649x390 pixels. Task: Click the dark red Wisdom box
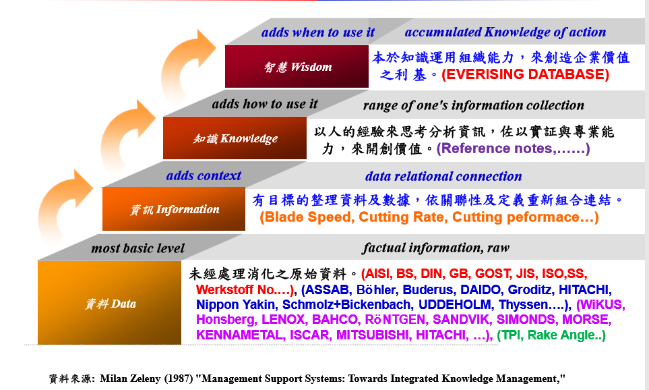click(x=297, y=67)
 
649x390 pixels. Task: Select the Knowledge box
click(x=235, y=138)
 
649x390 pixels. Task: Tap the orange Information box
click(x=174, y=209)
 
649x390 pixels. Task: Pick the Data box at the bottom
click(x=109, y=303)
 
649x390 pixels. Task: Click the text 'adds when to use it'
click(x=318, y=32)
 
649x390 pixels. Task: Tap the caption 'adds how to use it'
click(x=265, y=104)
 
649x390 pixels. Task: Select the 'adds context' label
click(x=204, y=175)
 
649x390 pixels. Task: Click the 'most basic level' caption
click(x=138, y=248)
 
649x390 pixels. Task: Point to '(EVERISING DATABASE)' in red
click(x=526, y=74)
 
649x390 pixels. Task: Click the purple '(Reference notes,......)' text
click(x=514, y=148)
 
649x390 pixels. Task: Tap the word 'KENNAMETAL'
click(x=241, y=335)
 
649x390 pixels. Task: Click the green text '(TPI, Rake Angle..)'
click(x=551, y=335)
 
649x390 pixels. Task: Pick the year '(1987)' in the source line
click(x=179, y=379)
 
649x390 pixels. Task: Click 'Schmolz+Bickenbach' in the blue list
click(x=348, y=304)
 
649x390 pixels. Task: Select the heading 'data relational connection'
click(x=443, y=176)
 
